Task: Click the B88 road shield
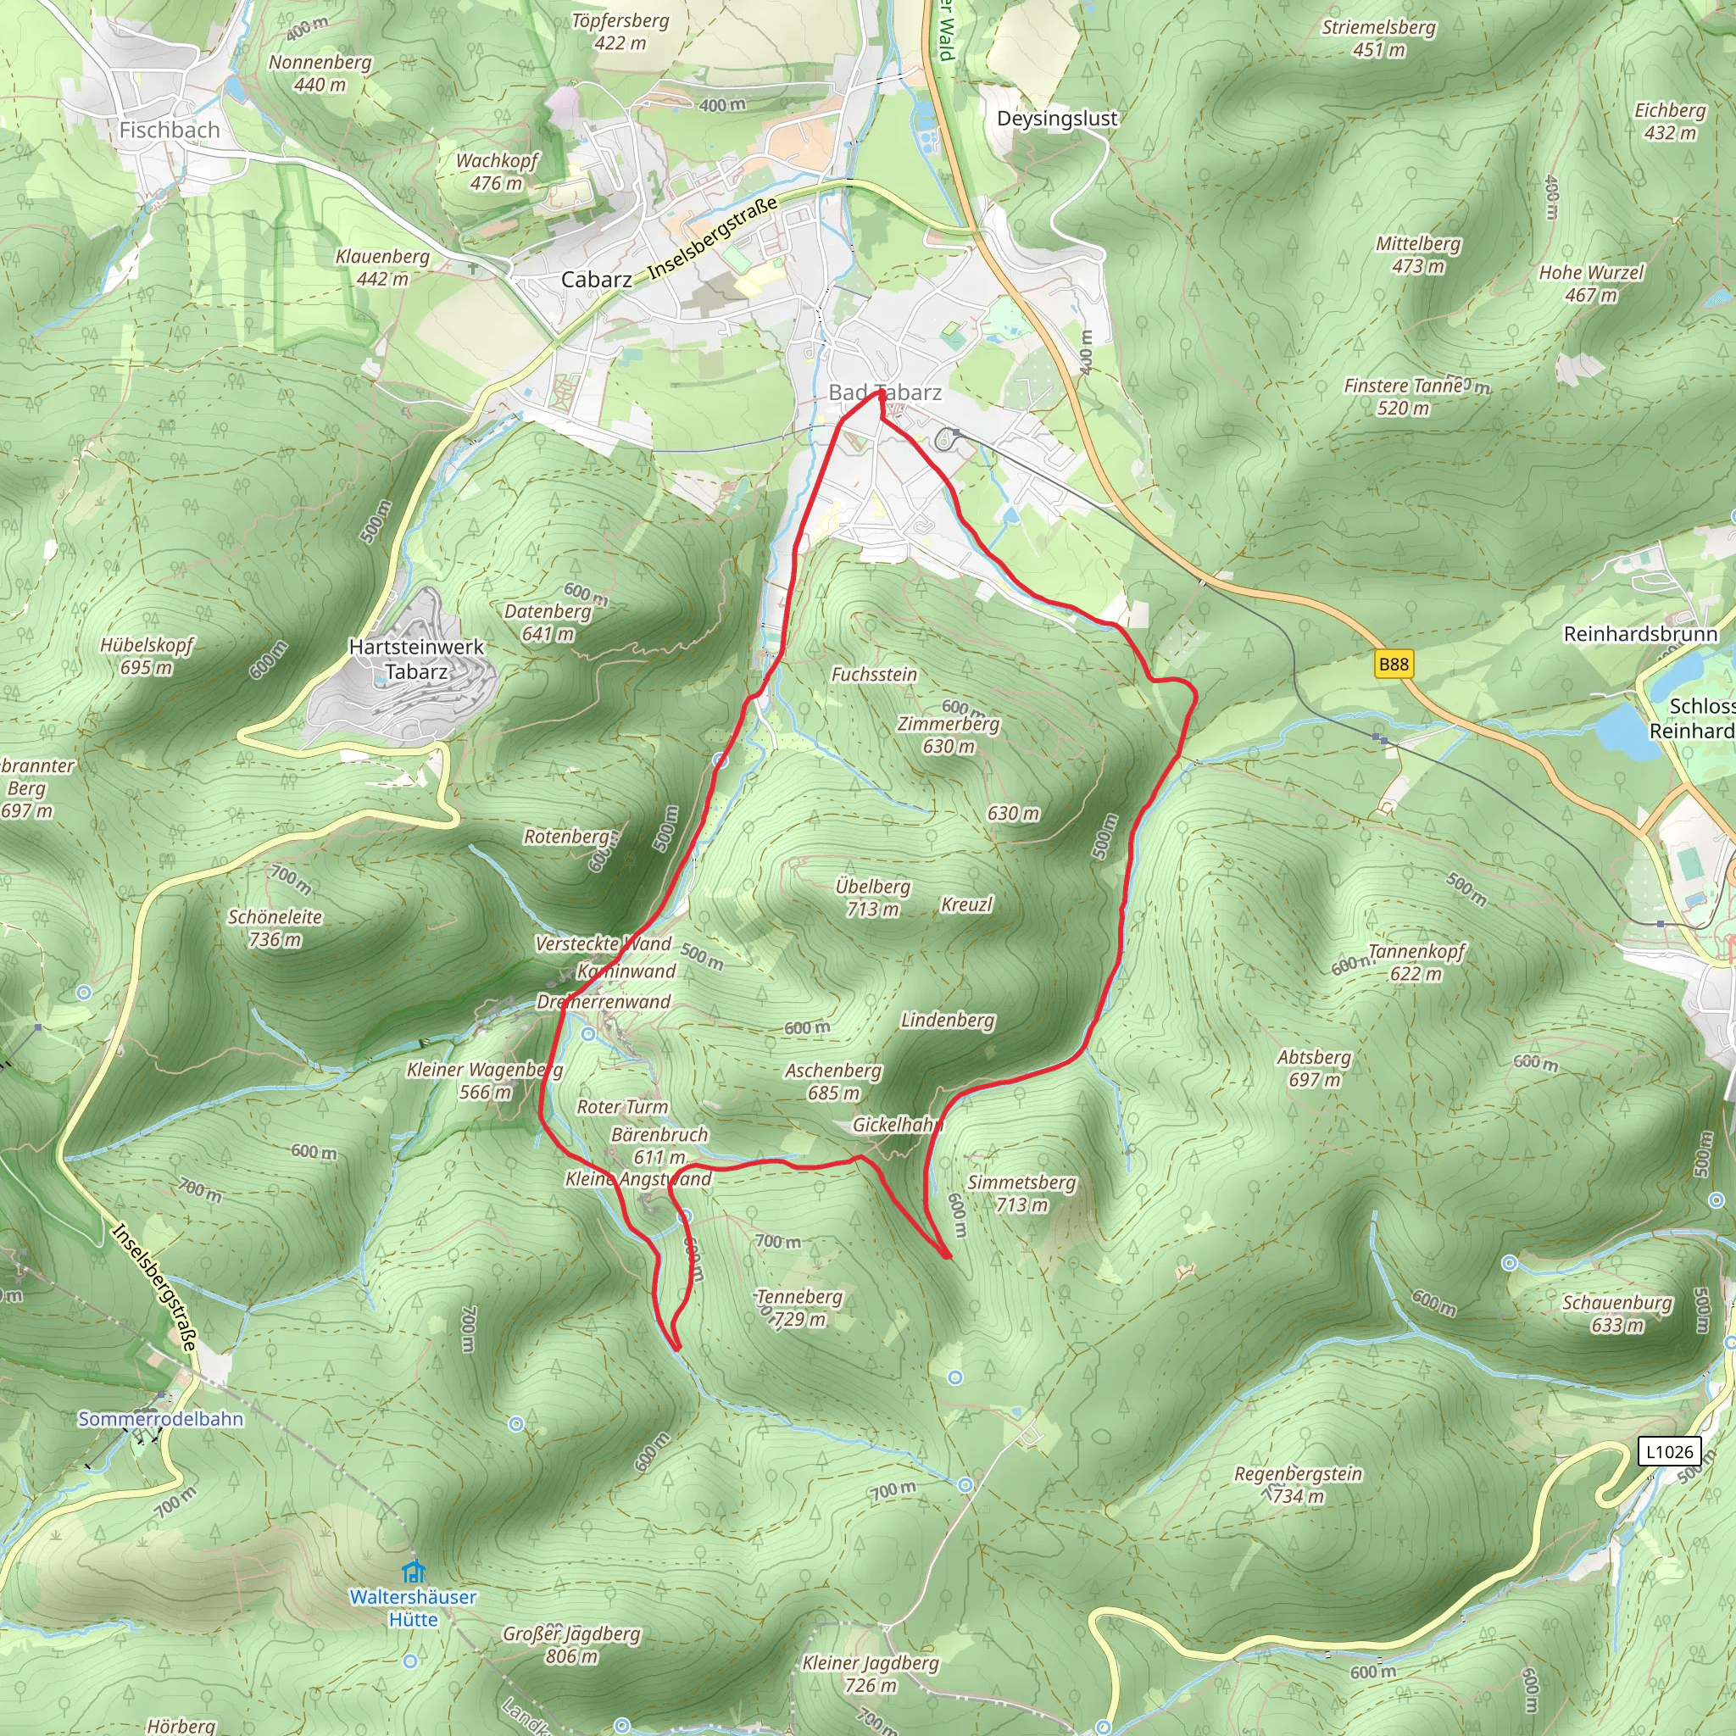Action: pos(1394,664)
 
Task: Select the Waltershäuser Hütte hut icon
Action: pos(414,1572)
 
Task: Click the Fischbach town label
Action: pos(169,131)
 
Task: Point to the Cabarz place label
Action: pos(596,280)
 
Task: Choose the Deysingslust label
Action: pos(1057,119)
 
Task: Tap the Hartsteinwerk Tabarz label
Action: pos(416,659)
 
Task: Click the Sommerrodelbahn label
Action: pos(160,1419)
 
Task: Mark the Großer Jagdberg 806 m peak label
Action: pos(571,1644)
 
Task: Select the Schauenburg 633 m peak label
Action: pos(1617,1314)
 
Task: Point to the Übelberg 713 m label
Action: pos(872,898)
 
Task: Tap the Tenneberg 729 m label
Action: pos(799,1307)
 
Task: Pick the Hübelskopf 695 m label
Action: pos(147,656)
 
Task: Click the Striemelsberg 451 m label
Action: pos(1378,39)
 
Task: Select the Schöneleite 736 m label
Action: pos(275,928)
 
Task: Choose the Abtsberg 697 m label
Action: pos(1314,1068)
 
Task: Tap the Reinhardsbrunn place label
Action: pos(1640,634)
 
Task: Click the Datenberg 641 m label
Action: pos(548,622)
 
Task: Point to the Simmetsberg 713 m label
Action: pos(1021,1193)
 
